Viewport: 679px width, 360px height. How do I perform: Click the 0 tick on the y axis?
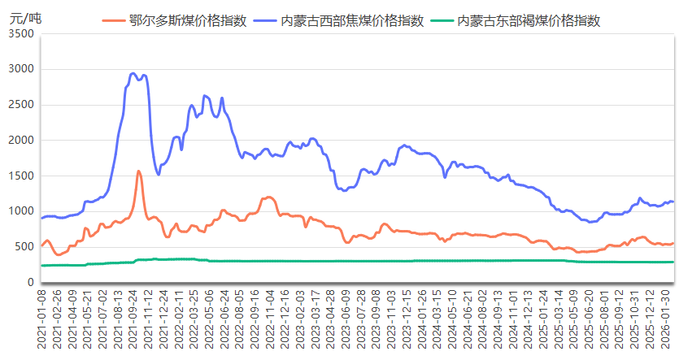coord(30,283)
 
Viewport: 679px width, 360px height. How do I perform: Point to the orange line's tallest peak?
coord(139,171)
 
